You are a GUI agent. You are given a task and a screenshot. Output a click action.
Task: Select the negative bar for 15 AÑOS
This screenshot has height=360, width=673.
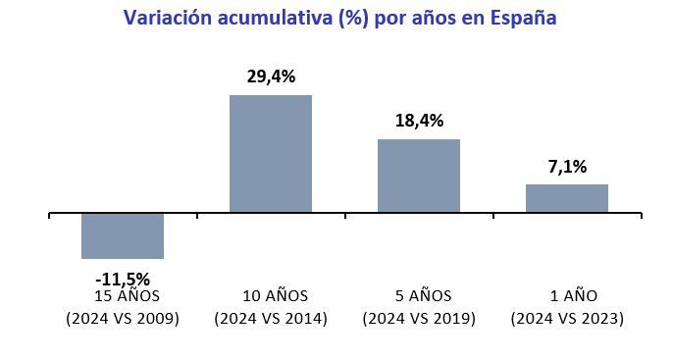click(x=123, y=235)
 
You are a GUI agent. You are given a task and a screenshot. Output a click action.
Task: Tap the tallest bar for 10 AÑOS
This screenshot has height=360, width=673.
click(x=271, y=153)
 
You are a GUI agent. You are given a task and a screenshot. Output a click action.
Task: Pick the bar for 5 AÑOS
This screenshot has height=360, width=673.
click(x=419, y=176)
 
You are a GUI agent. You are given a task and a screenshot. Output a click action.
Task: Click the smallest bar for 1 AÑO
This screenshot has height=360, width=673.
click(x=567, y=198)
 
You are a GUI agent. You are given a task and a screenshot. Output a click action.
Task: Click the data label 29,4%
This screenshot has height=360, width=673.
click(x=271, y=77)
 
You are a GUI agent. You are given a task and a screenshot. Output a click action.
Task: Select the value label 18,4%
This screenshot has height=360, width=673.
click(x=419, y=121)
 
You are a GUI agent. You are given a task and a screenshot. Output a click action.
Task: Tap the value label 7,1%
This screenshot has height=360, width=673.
click(x=567, y=166)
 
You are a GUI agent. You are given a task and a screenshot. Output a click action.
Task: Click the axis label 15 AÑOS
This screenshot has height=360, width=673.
click(x=123, y=296)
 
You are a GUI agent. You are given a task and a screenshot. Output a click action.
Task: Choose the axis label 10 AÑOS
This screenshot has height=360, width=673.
click(x=271, y=296)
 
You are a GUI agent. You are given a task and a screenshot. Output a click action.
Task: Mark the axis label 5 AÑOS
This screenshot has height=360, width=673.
click(x=419, y=296)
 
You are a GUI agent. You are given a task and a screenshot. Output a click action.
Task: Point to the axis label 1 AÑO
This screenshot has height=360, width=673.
click(x=567, y=296)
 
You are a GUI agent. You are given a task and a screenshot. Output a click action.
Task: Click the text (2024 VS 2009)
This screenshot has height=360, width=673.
click(x=123, y=319)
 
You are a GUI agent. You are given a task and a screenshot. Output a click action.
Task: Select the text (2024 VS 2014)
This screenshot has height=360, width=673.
click(x=271, y=319)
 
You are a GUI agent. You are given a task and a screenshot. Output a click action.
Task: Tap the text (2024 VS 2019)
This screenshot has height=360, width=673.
click(x=419, y=319)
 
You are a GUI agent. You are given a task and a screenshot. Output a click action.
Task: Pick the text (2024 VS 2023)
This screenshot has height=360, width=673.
click(x=567, y=319)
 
